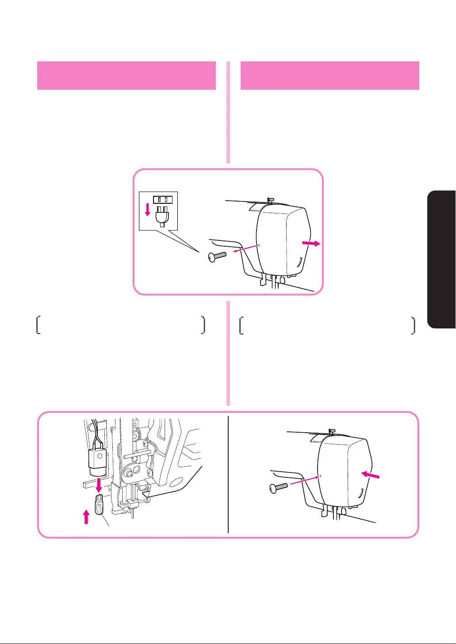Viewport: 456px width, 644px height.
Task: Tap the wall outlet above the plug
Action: (162, 199)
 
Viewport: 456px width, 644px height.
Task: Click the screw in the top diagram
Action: (217, 256)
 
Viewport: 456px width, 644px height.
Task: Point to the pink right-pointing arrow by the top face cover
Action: (311, 244)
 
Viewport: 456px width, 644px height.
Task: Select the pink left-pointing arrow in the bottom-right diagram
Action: (370, 475)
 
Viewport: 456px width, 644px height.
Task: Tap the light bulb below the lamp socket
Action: (99, 503)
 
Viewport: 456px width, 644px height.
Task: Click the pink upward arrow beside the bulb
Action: (86, 516)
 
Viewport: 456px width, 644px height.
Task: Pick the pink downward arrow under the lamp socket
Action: (99, 484)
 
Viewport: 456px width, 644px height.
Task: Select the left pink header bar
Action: (126, 76)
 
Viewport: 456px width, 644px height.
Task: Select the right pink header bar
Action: (330, 76)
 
